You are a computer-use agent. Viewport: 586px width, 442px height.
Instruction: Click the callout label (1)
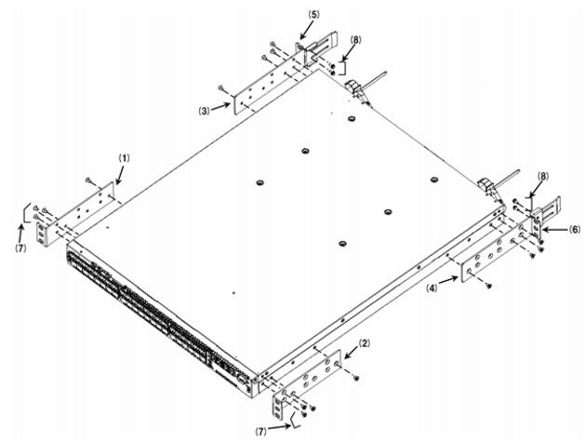(124, 158)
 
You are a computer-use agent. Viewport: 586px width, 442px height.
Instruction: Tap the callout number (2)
(365, 343)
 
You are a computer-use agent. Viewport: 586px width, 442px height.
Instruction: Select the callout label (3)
(204, 111)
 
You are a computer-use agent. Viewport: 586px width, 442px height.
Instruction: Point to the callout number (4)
(433, 288)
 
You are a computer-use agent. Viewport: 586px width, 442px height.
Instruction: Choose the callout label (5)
(314, 14)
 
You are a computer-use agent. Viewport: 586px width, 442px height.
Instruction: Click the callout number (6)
(575, 229)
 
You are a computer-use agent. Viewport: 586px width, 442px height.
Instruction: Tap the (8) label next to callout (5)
(355, 40)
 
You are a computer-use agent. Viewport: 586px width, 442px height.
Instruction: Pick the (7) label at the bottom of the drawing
(261, 431)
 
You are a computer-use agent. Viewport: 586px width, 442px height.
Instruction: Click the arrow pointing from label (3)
(220, 107)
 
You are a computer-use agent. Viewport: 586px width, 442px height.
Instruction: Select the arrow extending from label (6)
(555, 230)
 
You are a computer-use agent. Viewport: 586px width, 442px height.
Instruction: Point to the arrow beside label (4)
(448, 281)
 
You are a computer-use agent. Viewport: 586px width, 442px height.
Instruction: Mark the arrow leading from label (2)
(351, 354)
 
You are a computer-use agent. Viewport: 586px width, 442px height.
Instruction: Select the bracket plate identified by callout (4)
(496, 251)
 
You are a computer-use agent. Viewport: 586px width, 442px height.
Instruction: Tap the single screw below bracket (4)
(488, 286)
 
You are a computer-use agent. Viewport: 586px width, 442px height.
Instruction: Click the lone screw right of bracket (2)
(355, 379)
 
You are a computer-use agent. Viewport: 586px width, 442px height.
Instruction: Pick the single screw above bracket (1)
(87, 181)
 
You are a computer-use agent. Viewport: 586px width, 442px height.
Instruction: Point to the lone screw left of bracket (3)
(221, 87)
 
